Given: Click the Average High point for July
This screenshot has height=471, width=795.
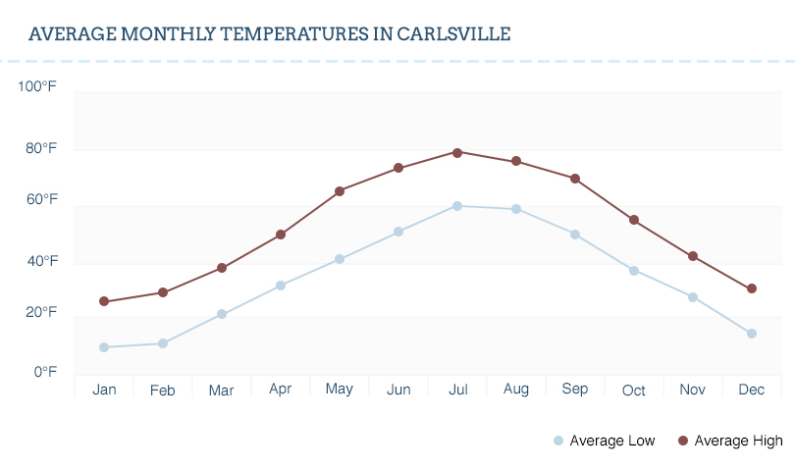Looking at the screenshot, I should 457,152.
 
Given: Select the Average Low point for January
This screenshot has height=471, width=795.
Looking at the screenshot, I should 104,347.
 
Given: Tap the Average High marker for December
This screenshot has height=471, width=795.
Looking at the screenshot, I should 752,288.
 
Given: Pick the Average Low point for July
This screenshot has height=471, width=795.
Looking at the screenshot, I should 457,206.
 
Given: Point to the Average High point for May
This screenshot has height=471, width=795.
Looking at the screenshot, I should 340,191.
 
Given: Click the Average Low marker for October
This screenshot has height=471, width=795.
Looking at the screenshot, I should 634,271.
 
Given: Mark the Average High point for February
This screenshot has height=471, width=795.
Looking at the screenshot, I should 163,292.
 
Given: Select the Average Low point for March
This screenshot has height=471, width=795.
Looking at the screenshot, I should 222,314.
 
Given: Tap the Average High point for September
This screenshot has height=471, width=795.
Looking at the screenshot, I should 575,179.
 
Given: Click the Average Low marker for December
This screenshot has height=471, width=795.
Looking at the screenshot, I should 752,334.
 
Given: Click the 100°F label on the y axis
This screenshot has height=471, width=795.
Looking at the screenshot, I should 37,87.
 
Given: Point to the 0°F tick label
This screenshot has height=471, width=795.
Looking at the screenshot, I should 45,372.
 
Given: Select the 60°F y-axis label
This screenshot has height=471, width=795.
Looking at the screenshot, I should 41,200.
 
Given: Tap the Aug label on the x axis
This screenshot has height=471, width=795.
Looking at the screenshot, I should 516,390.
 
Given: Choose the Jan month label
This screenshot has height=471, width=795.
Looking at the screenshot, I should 104,390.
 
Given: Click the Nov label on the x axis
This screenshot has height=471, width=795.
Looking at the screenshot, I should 693,390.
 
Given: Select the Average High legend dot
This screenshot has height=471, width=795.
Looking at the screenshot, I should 683,441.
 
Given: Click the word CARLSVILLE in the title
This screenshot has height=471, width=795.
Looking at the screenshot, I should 453,33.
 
